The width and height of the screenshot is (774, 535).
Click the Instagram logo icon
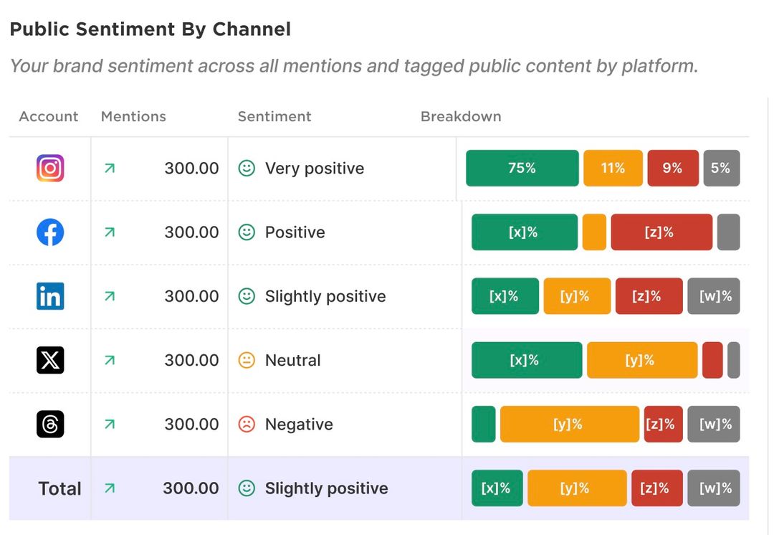pyautogui.click(x=50, y=169)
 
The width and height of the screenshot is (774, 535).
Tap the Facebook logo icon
pyautogui.click(x=50, y=232)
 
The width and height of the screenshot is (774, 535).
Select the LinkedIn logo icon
pyautogui.click(x=50, y=296)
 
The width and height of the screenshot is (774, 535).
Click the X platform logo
pyautogui.click(x=50, y=360)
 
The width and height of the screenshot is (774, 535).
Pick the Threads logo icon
pyautogui.click(x=50, y=424)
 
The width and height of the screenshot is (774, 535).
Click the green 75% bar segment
pyautogui.click(x=522, y=169)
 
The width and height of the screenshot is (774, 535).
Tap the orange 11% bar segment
pyautogui.click(x=613, y=169)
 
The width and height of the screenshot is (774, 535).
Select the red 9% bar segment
pyautogui.click(x=672, y=169)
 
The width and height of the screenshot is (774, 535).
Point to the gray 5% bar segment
pyautogui.click(x=721, y=169)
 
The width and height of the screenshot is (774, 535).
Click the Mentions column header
pyautogui.click(x=133, y=117)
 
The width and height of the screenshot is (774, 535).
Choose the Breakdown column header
pyautogui.click(x=461, y=117)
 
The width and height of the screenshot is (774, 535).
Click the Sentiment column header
pyautogui.click(x=274, y=117)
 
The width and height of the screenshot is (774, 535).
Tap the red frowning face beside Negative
pyautogui.click(x=247, y=424)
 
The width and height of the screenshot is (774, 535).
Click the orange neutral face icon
pyautogui.click(x=247, y=360)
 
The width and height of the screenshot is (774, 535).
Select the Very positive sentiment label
pyautogui.click(x=315, y=169)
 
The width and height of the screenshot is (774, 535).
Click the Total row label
pyautogui.click(x=59, y=488)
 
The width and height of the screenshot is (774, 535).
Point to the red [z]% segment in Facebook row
pyautogui.click(x=661, y=232)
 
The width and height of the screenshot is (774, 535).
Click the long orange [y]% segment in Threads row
pyautogui.click(x=569, y=424)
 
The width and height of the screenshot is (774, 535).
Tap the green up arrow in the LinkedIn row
pyautogui.click(x=110, y=296)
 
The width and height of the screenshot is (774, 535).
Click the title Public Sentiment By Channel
pyautogui.click(x=150, y=29)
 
